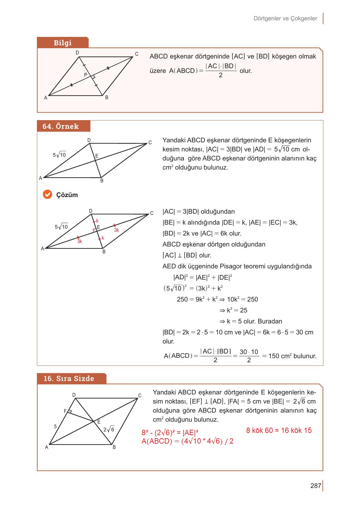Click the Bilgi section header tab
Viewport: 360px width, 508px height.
(x=63, y=43)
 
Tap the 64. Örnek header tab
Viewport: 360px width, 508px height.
(x=61, y=126)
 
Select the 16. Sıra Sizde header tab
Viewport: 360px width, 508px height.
(x=69, y=378)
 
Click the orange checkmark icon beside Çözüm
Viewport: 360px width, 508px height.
(x=47, y=195)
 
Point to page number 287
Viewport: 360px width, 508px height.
(x=316, y=486)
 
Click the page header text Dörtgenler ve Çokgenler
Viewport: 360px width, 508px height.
(x=285, y=18)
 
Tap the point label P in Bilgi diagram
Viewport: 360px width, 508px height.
(x=85, y=75)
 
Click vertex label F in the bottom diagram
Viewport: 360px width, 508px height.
(x=65, y=411)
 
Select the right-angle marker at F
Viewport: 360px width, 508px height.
(x=70, y=412)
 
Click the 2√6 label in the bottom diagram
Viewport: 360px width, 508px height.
(x=109, y=429)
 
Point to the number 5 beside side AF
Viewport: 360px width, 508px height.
(x=55, y=426)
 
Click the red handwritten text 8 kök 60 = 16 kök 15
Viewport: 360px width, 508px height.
(x=279, y=430)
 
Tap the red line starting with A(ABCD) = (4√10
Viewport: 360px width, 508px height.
(x=187, y=441)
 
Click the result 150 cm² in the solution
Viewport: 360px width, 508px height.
(x=280, y=356)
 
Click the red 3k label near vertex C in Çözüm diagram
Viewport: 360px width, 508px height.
(x=116, y=230)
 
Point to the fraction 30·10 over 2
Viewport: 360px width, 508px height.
(x=249, y=356)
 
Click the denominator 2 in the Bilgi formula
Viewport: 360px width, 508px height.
(x=221, y=75)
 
